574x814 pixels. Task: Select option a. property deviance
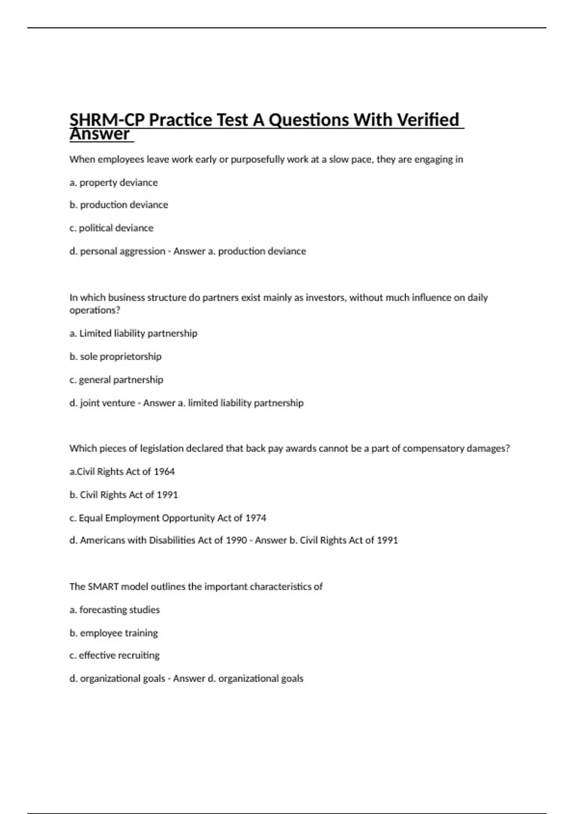click(113, 182)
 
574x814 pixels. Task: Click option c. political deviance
click(111, 228)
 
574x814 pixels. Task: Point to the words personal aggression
click(122, 251)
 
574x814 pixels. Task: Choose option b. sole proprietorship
click(115, 356)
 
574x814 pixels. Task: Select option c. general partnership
click(116, 380)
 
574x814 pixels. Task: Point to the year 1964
click(164, 472)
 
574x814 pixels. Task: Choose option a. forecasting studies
click(115, 610)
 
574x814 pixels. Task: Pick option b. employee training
click(113, 633)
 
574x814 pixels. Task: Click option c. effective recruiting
click(114, 655)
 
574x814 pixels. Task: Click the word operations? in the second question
click(95, 310)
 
